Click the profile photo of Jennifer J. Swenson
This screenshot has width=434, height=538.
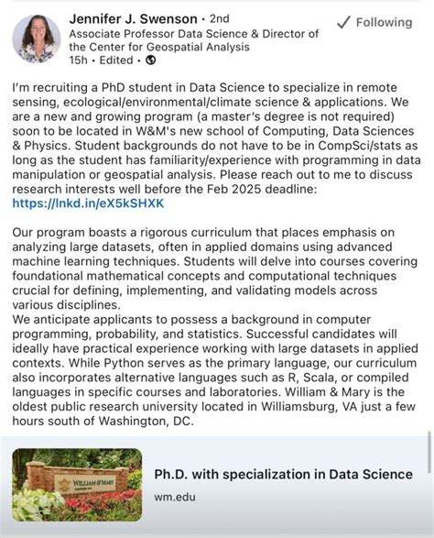click(36, 38)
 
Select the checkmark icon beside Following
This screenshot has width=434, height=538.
click(344, 22)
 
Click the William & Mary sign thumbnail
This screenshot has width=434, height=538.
click(77, 485)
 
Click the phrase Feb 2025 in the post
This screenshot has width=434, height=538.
click(312, 189)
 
